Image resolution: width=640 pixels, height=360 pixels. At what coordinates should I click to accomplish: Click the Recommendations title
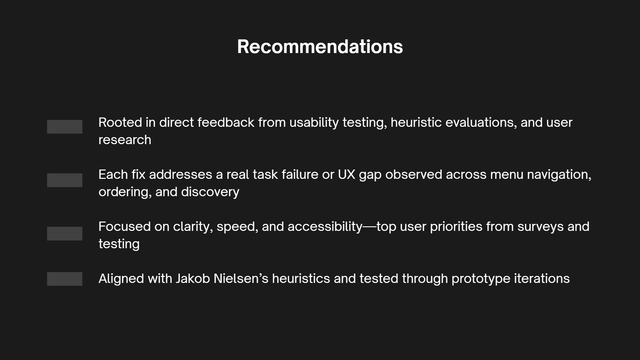pos(320,46)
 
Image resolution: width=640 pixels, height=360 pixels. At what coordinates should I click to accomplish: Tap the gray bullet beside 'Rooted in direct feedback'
pos(65,127)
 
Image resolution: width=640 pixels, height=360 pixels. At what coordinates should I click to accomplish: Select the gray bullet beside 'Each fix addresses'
pos(65,180)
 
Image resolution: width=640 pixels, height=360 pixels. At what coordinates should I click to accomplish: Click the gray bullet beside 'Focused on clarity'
pos(65,234)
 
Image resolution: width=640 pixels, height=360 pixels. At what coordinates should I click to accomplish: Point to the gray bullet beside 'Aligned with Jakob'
pos(65,279)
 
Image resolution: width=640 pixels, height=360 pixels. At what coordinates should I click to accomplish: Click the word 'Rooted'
pos(120,122)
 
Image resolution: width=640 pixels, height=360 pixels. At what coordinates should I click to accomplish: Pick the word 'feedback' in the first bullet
pos(226,122)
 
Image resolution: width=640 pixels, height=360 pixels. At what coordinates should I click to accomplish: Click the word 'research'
pos(125,140)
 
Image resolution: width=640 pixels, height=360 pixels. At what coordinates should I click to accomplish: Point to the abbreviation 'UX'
pos(347,174)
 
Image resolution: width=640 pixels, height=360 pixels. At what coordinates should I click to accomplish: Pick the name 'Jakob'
pos(193,279)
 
